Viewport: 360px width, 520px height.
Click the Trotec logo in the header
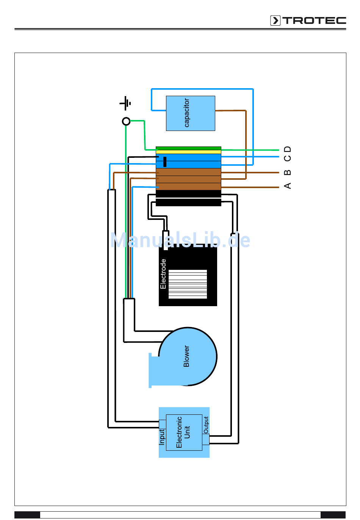click(308, 20)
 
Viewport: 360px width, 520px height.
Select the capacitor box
click(190, 113)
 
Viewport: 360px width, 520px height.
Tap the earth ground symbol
click(125, 103)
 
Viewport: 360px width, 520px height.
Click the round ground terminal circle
click(126, 121)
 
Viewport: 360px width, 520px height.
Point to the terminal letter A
click(288, 186)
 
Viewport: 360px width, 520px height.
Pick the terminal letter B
click(288, 173)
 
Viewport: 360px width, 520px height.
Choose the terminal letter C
click(288, 158)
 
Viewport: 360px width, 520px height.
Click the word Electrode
click(163, 274)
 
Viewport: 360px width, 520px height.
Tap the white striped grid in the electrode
click(188, 284)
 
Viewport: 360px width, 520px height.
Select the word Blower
click(186, 356)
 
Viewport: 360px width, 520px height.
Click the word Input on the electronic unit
click(162, 437)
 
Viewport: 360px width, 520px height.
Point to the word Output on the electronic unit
click(206, 425)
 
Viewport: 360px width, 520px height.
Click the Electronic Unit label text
click(183, 432)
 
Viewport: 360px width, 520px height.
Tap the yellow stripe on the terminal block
click(188, 152)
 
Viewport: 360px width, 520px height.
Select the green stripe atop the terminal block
click(188, 148)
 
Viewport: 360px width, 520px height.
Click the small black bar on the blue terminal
click(165, 162)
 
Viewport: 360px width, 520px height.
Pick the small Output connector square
click(206, 439)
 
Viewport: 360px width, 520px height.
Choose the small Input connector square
click(163, 424)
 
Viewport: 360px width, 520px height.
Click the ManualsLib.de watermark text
click(180, 240)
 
